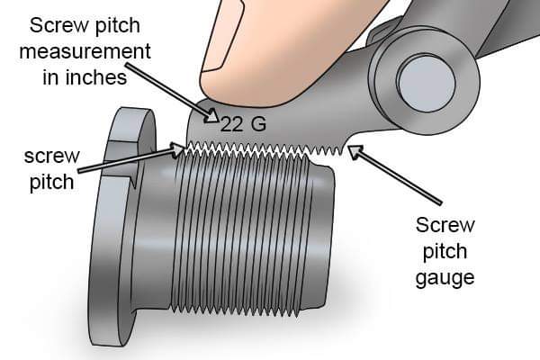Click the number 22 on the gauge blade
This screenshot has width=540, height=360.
(x=231, y=124)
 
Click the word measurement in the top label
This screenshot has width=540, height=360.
(x=85, y=51)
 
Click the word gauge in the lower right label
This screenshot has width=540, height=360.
(x=445, y=278)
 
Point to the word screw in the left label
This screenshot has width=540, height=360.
(x=51, y=156)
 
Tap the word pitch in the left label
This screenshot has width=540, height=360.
(x=51, y=182)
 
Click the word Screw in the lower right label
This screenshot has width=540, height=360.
(x=445, y=225)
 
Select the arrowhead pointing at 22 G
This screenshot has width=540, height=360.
(x=212, y=116)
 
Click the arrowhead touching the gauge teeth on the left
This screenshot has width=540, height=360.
(x=178, y=150)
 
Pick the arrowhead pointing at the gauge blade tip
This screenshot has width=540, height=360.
(x=355, y=151)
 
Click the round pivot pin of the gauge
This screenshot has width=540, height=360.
(x=427, y=84)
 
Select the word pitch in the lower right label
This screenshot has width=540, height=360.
(x=445, y=252)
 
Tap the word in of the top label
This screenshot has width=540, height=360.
(x=50, y=77)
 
